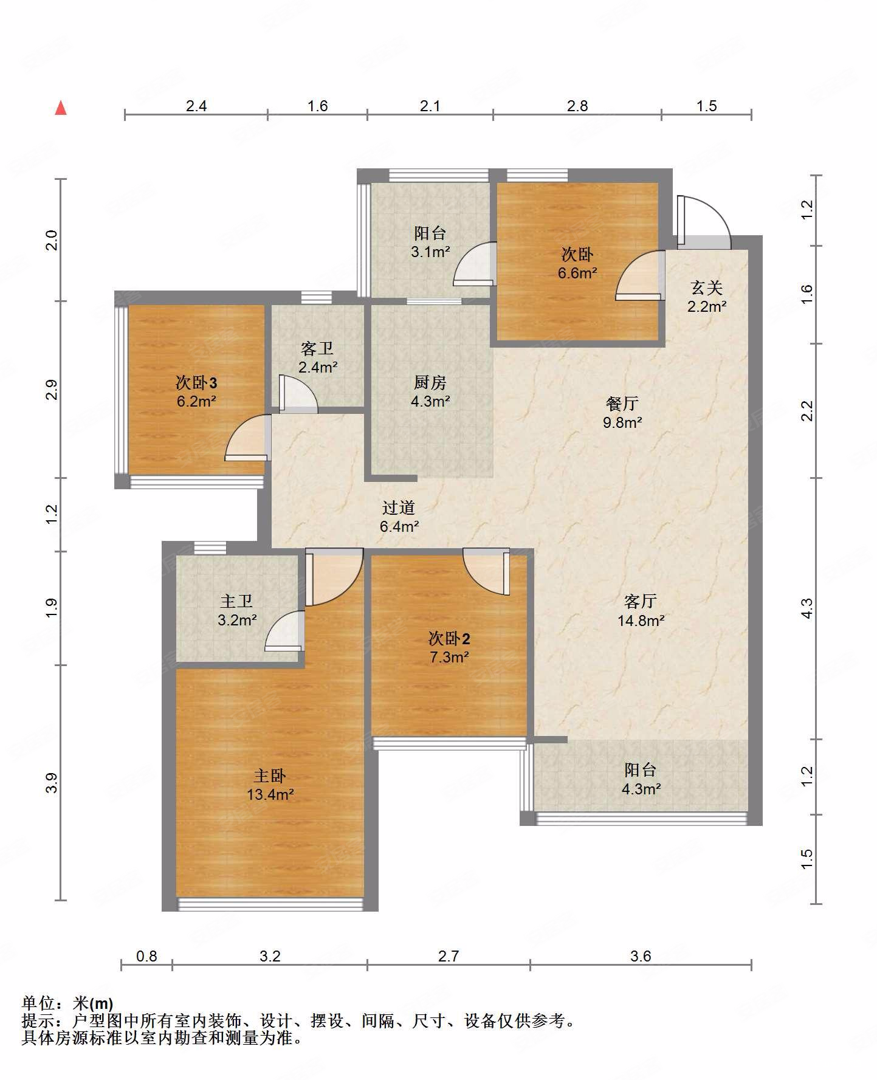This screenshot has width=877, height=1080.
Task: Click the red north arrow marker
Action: (x=61, y=108)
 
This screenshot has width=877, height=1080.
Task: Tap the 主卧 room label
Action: (x=270, y=776)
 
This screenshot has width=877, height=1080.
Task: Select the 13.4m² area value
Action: (x=270, y=794)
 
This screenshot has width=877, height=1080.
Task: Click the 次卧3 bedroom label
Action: (x=196, y=382)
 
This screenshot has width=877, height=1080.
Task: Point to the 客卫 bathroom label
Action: (x=317, y=348)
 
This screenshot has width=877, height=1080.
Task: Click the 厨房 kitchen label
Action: (x=430, y=382)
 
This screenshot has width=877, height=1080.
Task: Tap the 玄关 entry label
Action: (x=707, y=287)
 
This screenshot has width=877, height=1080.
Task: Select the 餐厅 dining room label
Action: (x=622, y=403)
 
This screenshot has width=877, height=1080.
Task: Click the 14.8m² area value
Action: (x=641, y=620)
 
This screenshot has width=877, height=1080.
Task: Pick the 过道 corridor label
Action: (x=399, y=507)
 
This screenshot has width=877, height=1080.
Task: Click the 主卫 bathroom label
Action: (x=236, y=601)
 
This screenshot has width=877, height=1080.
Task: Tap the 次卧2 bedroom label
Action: (x=449, y=638)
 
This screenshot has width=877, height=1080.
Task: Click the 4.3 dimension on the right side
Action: (x=806, y=608)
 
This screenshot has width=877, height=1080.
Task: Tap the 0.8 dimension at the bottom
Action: (x=146, y=956)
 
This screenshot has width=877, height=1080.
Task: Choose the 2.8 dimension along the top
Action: (x=577, y=106)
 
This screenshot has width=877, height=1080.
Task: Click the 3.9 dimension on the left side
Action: (x=52, y=782)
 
